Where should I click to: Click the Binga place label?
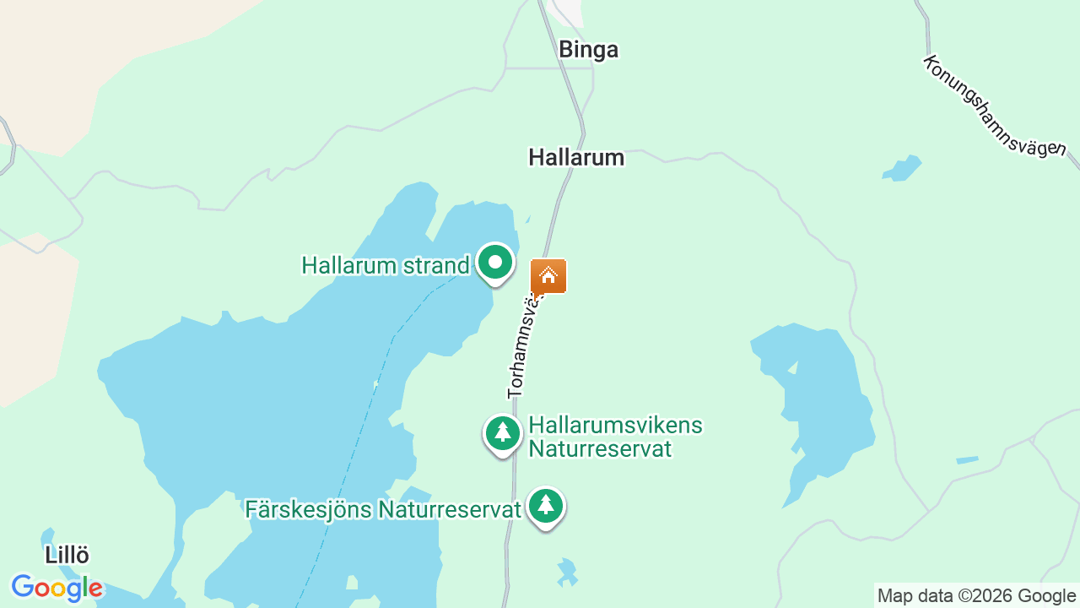pos(588,50)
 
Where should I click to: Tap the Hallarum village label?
pos(576,157)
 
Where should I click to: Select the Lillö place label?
pos(67,555)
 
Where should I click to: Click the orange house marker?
pos(548,276)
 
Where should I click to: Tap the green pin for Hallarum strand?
pos(495,263)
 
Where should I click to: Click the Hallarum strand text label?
pos(385,265)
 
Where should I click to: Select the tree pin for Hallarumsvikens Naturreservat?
pos(503,433)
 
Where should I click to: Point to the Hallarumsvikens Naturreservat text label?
pos(615,437)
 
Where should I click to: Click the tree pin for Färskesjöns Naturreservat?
pos(546,506)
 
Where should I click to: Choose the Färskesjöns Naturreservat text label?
pos(383,509)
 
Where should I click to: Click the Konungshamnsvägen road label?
pos(993,106)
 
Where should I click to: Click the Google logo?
pos(57,588)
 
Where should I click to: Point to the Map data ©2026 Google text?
pos(977,595)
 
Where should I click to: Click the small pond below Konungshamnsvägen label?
pos(902,168)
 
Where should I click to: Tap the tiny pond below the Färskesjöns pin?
pos(566,572)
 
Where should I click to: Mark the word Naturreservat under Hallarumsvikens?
pos(600,448)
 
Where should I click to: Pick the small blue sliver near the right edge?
pos(967,460)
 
